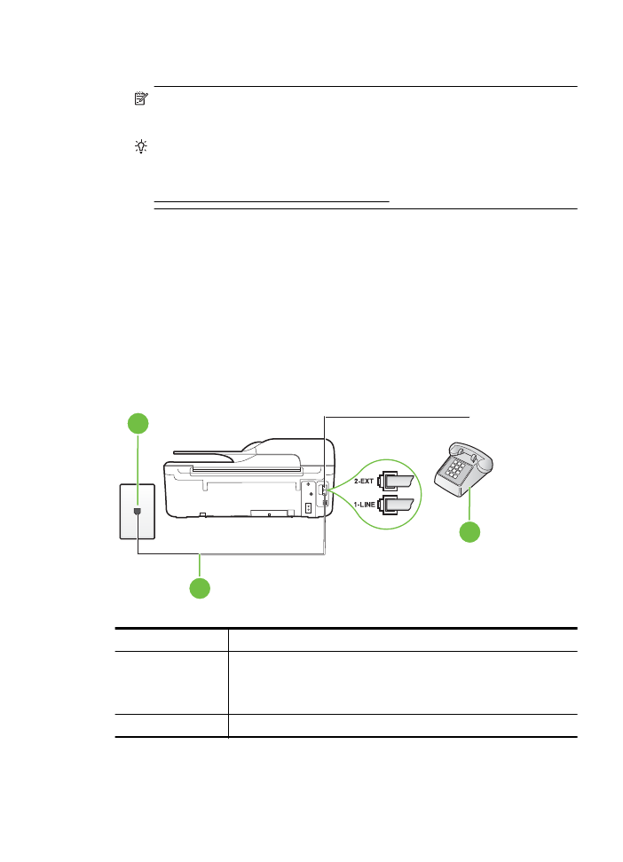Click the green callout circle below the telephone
(x=469, y=532)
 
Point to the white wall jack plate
(x=137, y=511)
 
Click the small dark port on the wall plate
(x=137, y=512)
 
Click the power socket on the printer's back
(x=308, y=508)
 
